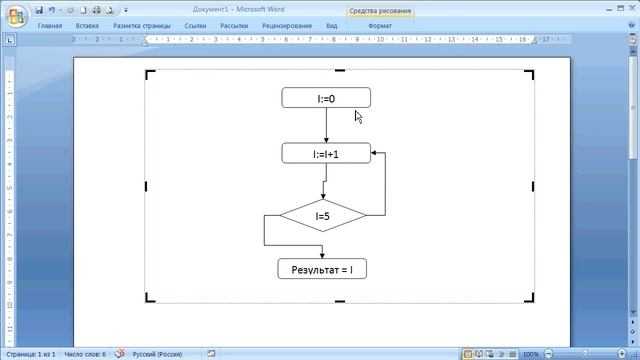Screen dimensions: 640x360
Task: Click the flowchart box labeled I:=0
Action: click(326, 98)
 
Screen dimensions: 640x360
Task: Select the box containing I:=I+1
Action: click(326, 153)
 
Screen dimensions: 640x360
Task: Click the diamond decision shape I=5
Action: click(323, 215)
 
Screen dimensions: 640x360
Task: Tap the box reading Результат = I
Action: click(322, 269)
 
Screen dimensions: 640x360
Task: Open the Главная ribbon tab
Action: click(50, 25)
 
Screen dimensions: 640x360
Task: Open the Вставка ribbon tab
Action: click(87, 25)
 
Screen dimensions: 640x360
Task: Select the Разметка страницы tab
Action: click(141, 25)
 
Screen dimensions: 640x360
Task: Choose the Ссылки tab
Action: click(195, 25)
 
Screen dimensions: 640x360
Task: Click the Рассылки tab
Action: click(235, 25)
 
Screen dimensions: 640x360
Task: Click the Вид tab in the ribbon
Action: click(332, 25)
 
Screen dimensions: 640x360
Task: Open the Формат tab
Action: click(380, 25)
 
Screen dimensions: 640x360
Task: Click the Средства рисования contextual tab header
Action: click(379, 9)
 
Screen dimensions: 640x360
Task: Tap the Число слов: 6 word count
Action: click(85, 354)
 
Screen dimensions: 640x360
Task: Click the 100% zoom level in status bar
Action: click(530, 354)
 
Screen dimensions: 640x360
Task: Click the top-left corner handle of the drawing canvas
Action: click(150, 74)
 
